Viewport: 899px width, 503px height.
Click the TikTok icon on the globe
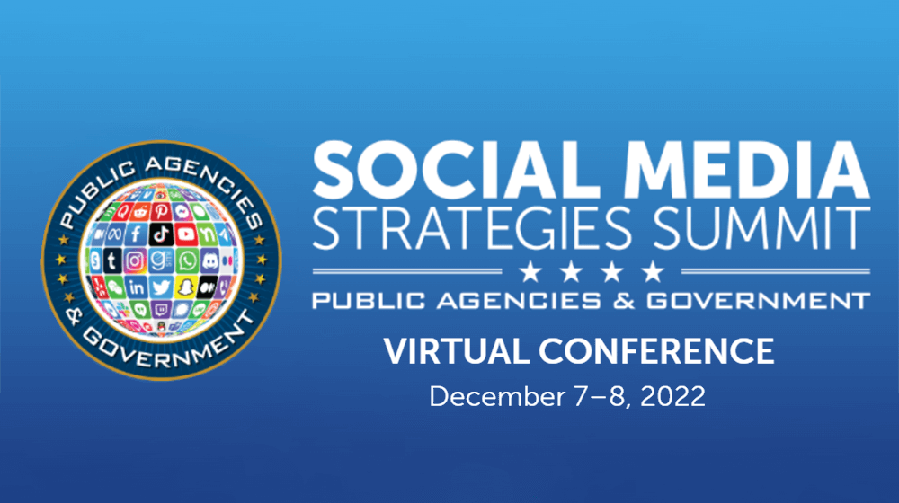pos(161,234)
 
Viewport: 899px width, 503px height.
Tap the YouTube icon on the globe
pos(186,234)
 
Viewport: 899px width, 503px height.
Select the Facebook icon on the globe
pos(136,234)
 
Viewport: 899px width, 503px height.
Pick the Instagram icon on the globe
pos(135,261)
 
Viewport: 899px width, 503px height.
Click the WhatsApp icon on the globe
pos(187,261)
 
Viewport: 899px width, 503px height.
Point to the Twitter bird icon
pos(161,287)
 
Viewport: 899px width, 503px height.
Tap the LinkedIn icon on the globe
pos(137,287)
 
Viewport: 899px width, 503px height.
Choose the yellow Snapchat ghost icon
pos(185,287)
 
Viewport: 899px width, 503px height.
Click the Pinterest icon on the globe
pos(161,211)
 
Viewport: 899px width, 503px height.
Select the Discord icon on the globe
pos(209,260)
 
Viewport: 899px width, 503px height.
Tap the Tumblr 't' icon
pos(112,261)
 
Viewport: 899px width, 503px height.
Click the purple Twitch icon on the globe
pos(161,310)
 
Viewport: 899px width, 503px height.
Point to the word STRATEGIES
pos(473,228)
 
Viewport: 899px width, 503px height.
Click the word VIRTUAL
pos(457,351)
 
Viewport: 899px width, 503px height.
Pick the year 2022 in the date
pos(672,396)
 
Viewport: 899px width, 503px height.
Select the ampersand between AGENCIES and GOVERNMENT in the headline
pos(624,301)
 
